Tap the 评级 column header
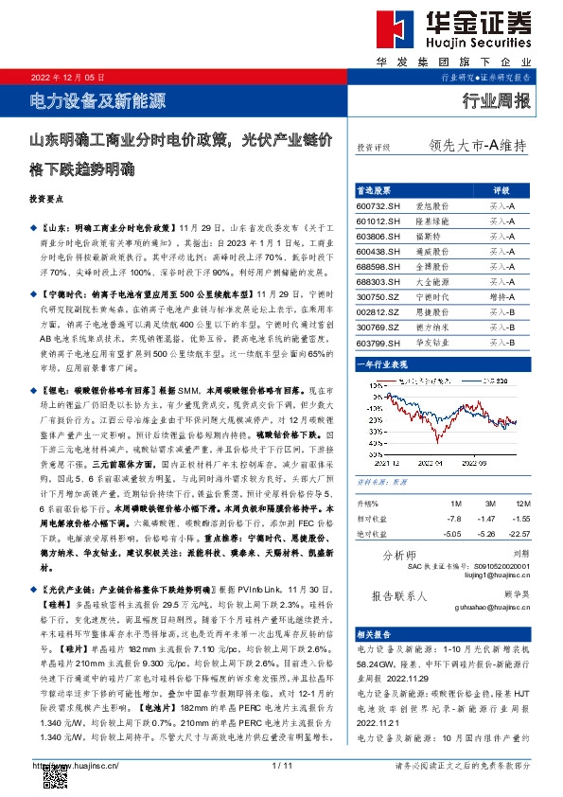(501, 189)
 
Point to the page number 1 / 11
(281, 765)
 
